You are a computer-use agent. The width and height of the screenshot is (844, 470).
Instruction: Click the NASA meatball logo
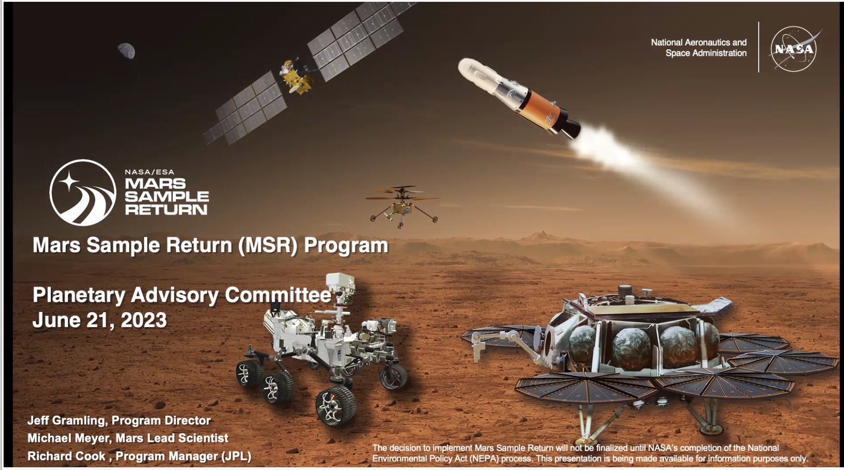coord(794,49)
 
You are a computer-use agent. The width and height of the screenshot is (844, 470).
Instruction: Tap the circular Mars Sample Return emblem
coord(82,192)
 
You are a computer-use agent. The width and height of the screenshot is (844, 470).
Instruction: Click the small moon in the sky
coord(126,51)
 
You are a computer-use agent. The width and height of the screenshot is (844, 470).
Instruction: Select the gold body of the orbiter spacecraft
coord(295,77)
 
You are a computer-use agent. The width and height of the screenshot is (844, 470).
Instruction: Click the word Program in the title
coord(346,245)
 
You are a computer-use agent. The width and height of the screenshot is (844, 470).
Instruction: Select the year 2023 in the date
coord(144,320)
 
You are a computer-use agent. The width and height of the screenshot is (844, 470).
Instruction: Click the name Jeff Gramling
coord(67,421)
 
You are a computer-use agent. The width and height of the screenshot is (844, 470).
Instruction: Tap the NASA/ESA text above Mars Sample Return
coord(149,172)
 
